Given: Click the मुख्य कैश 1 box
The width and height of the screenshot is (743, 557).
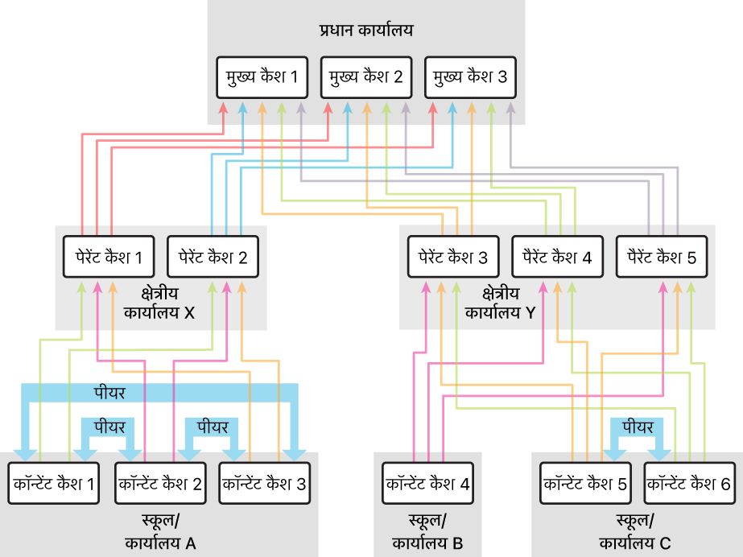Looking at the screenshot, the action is point(262,78).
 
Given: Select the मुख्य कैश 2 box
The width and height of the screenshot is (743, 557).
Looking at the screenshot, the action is point(366,78).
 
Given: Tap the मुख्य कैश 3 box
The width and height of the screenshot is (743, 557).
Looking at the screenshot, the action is point(471,78).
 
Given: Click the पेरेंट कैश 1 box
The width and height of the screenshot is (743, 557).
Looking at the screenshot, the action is point(109,257).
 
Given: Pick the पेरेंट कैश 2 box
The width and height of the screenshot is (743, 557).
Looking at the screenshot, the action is point(213,257).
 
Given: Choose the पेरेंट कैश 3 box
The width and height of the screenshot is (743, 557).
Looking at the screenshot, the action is point(453,257).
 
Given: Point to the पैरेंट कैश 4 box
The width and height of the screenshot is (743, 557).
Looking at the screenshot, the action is point(558,257).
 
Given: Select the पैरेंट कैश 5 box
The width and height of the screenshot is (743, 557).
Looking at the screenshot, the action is point(662,257).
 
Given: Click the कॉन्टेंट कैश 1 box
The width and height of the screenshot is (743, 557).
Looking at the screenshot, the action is point(54,483).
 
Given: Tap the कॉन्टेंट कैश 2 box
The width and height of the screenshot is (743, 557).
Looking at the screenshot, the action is point(161,483).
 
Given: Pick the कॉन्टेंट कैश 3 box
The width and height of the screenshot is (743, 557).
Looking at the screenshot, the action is point(265,483).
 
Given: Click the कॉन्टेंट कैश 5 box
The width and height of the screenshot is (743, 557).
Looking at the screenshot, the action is point(586,483).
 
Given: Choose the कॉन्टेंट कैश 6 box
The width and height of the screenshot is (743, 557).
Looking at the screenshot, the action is point(690,483).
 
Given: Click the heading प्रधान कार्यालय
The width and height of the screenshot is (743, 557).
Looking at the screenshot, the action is point(366,31).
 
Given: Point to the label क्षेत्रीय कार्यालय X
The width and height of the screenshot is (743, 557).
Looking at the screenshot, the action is point(159,303).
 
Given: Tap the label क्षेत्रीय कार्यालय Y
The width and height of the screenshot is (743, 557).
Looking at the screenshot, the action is point(501,303).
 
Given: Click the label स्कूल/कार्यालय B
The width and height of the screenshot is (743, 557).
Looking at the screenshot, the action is point(427,532).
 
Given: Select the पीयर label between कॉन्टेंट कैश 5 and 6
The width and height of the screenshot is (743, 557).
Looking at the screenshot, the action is point(638,427).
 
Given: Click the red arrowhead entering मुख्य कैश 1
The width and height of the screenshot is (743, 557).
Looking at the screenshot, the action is point(223,108).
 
